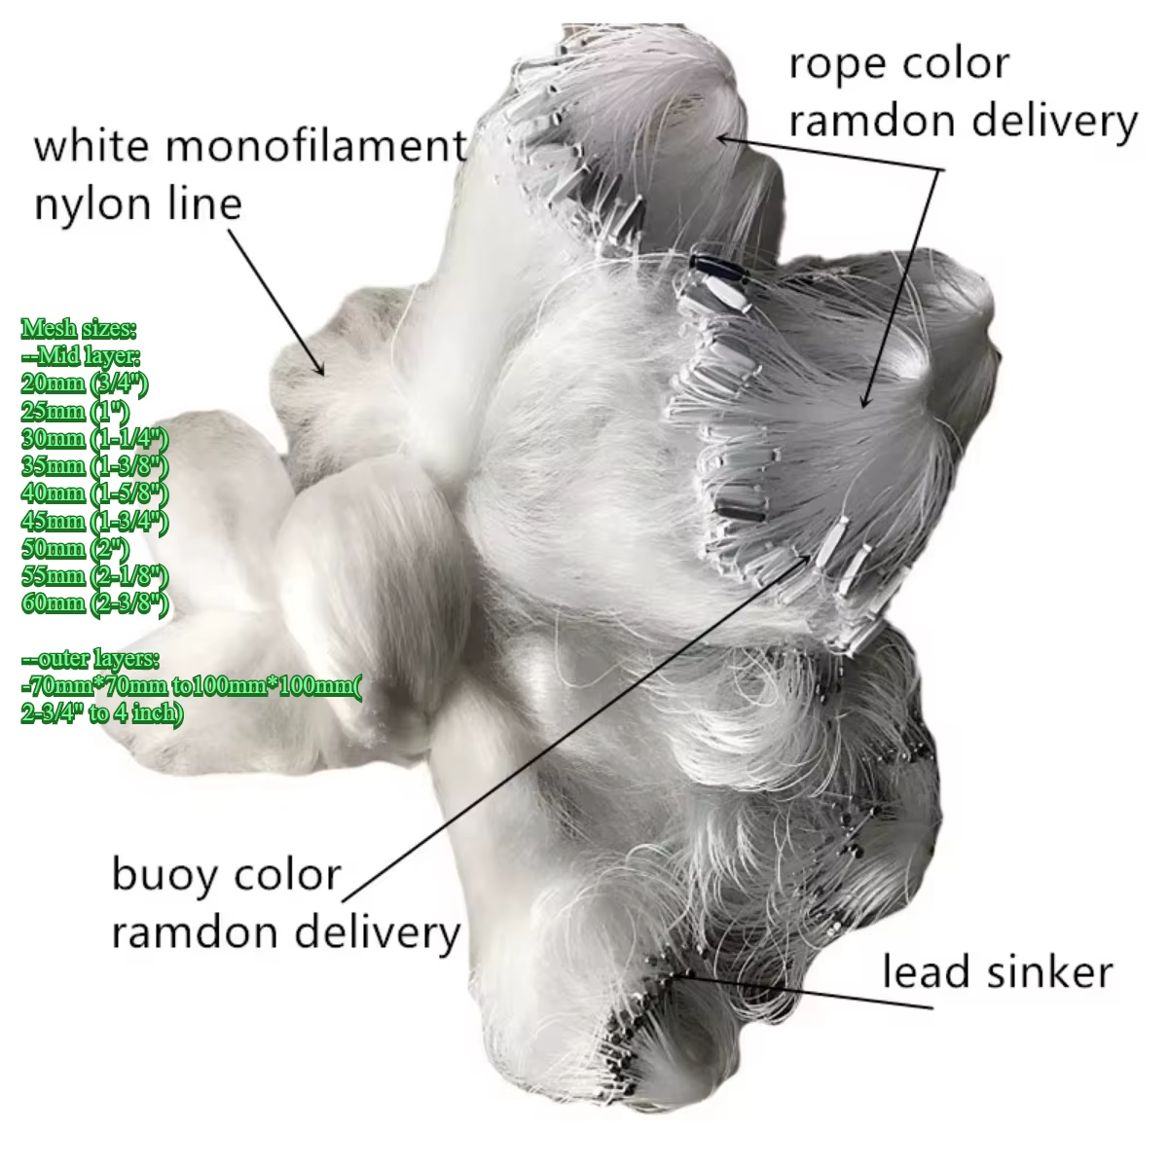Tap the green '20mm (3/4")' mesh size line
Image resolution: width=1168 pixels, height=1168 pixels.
85,383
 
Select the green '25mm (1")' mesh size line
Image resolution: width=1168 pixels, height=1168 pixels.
75,412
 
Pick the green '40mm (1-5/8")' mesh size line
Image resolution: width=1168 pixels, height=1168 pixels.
94,493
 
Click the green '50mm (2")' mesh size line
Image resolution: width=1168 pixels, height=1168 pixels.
75,549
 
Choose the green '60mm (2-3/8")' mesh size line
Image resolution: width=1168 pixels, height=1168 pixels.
94,603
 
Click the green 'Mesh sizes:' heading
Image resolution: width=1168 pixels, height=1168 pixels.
79,329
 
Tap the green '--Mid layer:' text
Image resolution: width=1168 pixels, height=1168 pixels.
81,356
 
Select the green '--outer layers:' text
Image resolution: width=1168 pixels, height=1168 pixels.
91,659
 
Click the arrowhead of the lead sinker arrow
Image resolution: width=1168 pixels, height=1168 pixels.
682,973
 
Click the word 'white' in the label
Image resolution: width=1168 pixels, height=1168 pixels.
85,146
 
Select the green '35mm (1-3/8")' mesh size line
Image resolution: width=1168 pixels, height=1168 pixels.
94,466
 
